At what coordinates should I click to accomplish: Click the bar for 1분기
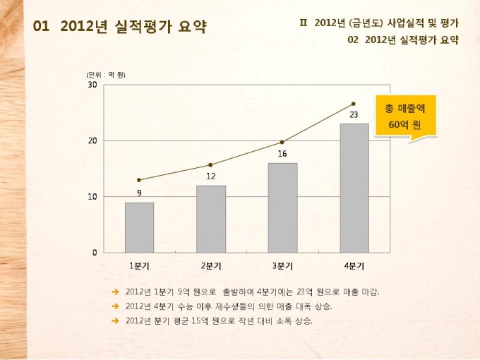[139, 227]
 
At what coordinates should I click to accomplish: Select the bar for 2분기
[211, 219]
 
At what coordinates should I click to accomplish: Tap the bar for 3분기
[282, 208]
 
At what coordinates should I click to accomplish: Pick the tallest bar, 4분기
[354, 188]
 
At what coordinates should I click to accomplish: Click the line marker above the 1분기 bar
[139, 180]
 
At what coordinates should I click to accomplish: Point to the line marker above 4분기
[354, 104]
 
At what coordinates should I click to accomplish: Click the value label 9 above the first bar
[139, 192]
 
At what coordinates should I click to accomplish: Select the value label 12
[211, 176]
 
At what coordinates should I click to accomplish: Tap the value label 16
[282, 153]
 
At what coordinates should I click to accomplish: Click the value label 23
[354, 114]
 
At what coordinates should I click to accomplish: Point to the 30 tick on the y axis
[92, 85]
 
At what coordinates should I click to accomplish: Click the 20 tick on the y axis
[92, 140]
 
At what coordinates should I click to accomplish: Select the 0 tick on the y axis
[95, 252]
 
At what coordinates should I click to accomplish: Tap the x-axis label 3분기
[282, 266]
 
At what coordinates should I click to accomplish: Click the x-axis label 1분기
[139, 266]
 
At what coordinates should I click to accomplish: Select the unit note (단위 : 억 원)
[106, 75]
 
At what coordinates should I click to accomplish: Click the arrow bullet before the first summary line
[115, 292]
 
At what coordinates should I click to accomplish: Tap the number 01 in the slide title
[42, 26]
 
